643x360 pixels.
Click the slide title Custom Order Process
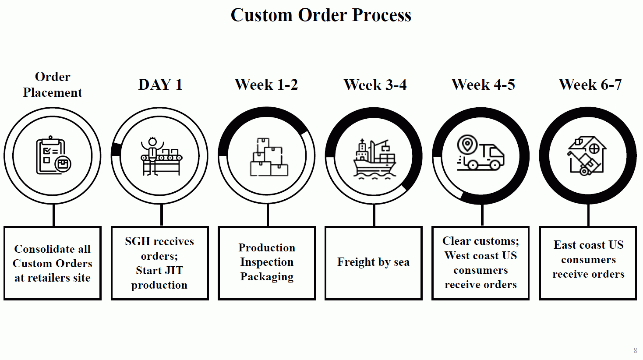pyautogui.click(x=321, y=15)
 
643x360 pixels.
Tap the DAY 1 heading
pyautogui.click(x=160, y=85)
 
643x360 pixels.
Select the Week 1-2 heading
pyautogui.click(x=266, y=85)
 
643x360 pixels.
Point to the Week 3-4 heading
pyautogui.click(x=375, y=85)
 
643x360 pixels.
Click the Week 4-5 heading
pyautogui.click(x=483, y=85)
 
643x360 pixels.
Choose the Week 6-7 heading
pyautogui.click(x=590, y=85)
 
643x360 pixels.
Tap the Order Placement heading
pyautogui.click(x=53, y=85)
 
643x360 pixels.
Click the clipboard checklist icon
pyautogui.click(x=53, y=155)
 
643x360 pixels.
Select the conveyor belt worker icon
pyautogui.click(x=161, y=156)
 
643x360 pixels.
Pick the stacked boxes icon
pyautogui.click(x=269, y=157)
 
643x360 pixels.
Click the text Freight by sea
pyautogui.click(x=374, y=262)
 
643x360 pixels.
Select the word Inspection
pyautogui.click(x=267, y=262)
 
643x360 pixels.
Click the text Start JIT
pyautogui.click(x=159, y=270)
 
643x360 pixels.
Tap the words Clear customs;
pyautogui.click(x=481, y=241)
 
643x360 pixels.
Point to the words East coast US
pyautogui.click(x=588, y=245)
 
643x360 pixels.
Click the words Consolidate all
pyautogui.click(x=53, y=249)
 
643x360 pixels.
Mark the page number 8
pyautogui.click(x=635, y=350)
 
